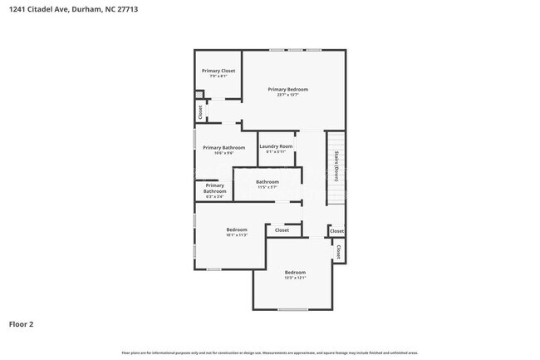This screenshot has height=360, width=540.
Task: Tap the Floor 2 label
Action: click(x=22, y=324)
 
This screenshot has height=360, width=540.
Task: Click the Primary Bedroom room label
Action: click(x=287, y=89)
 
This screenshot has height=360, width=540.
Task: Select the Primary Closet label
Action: click(x=218, y=71)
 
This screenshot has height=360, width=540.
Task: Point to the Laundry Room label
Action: click(x=276, y=146)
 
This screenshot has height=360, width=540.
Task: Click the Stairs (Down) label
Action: click(x=336, y=167)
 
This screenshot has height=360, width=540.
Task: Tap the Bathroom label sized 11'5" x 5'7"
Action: click(x=267, y=181)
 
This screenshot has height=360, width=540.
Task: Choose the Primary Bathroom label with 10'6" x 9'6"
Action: click(x=223, y=148)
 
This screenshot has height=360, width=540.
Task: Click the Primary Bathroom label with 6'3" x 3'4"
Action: click(x=214, y=188)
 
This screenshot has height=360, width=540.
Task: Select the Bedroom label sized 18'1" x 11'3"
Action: click(x=237, y=229)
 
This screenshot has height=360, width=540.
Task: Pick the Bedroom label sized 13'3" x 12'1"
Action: click(x=295, y=273)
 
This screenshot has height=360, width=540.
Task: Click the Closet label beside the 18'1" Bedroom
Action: click(x=282, y=230)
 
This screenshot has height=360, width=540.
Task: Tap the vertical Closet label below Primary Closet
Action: click(x=199, y=111)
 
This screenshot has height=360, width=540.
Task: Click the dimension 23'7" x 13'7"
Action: click(x=287, y=95)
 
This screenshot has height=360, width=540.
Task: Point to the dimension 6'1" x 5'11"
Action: click(x=276, y=152)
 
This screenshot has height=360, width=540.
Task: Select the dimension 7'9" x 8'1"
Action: click(x=218, y=76)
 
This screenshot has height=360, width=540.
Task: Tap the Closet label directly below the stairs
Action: click(x=336, y=231)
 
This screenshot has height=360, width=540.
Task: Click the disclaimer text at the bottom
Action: click(x=270, y=353)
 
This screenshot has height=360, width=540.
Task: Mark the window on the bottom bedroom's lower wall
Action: click(x=292, y=310)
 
